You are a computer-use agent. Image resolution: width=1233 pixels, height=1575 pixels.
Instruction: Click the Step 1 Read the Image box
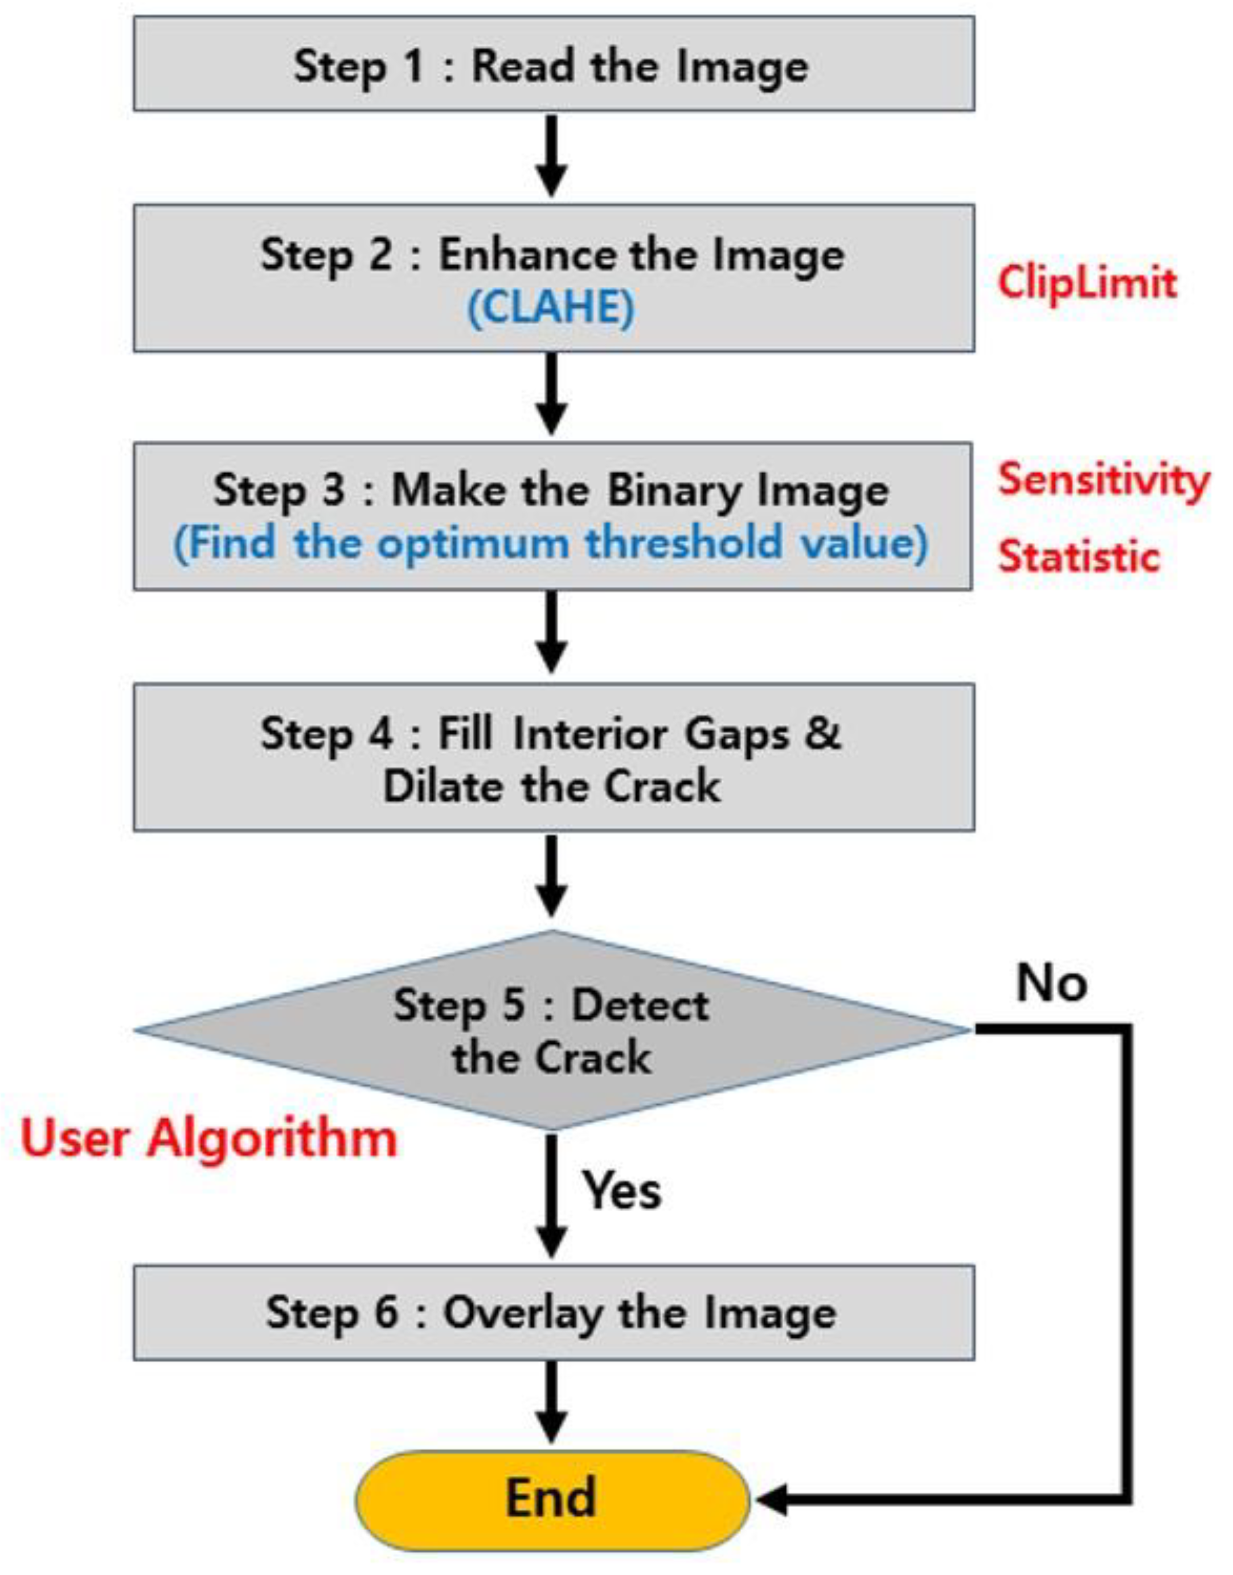[553, 65]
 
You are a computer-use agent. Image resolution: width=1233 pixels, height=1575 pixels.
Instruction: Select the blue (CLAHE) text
[551, 308]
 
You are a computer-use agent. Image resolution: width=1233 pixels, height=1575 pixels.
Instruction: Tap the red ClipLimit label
[1087, 282]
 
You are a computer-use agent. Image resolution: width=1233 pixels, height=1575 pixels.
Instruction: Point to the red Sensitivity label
[1103, 480]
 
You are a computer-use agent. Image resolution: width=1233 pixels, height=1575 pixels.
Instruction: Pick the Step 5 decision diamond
[551, 1032]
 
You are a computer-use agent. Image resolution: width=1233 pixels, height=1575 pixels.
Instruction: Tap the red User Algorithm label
[210, 1139]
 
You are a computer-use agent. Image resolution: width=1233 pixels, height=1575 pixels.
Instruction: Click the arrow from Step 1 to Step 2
[551, 155]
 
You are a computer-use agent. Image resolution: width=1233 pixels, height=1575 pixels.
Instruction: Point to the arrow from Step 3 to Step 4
[551, 632]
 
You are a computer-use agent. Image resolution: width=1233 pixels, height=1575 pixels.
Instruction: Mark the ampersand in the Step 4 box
[823, 733]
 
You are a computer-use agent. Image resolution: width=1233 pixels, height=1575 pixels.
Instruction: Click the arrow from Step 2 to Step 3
[551, 394]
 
